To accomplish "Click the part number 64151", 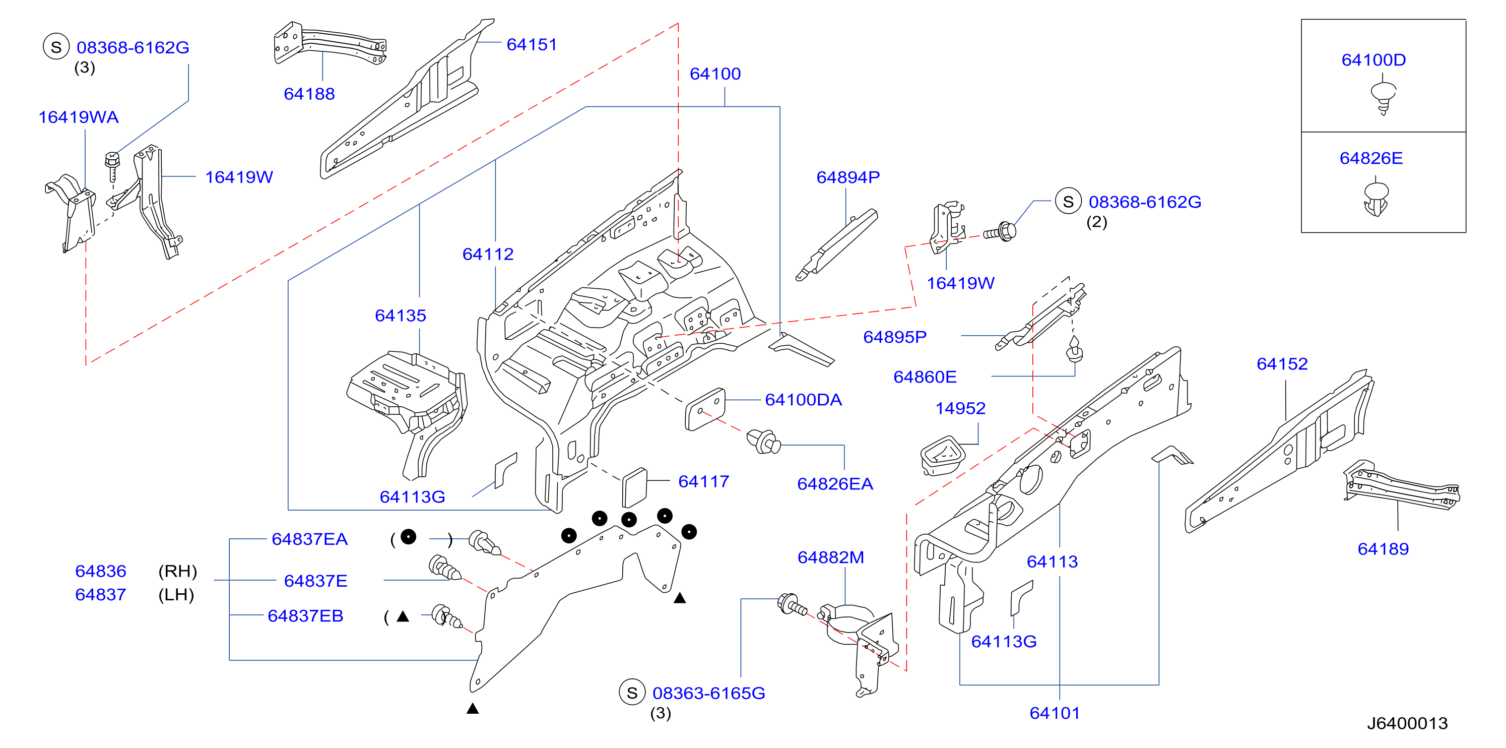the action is [x=532, y=44].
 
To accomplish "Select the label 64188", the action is [x=309, y=94].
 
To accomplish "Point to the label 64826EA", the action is [x=835, y=484].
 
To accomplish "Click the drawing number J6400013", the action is [x=1407, y=723].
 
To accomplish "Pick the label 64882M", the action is [x=831, y=557].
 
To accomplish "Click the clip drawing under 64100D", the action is [x=1383, y=98].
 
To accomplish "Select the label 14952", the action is [x=960, y=408].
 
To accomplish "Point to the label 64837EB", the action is [x=305, y=616].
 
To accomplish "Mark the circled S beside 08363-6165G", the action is [x=632, y=693].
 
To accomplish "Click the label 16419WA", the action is [x=78, y=117].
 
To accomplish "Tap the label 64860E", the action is [x=925, y=377].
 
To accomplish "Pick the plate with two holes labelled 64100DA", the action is [x=705, y=409].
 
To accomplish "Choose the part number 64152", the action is [x=1282, y=364].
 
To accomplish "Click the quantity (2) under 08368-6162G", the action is [x=1097, y=222].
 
